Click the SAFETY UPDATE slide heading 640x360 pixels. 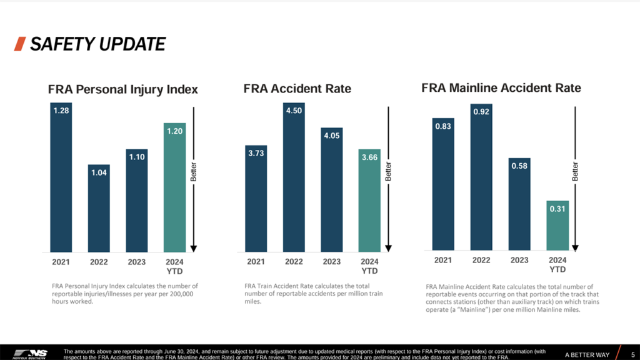pos(97,44)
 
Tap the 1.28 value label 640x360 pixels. pos(61,111)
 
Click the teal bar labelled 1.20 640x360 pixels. pos(174,187)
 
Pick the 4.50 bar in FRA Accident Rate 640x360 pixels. pos(294,177)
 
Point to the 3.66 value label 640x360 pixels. pos(369,157)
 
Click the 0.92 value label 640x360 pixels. pos(481,112)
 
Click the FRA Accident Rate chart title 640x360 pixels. pos(297,89)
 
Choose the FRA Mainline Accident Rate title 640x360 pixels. pos(501,88)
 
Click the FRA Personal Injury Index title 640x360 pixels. pos(122,89)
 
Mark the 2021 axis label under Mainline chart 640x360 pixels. pos(443,260)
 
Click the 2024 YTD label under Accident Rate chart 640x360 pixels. pos(369,266)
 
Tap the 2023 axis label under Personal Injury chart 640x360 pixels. pos(137,262)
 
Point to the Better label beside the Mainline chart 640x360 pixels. pos(575,172)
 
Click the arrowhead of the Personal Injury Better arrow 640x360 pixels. pos(194,248)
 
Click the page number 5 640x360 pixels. pos(632,354)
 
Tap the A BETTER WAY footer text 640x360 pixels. pos(587,355)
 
